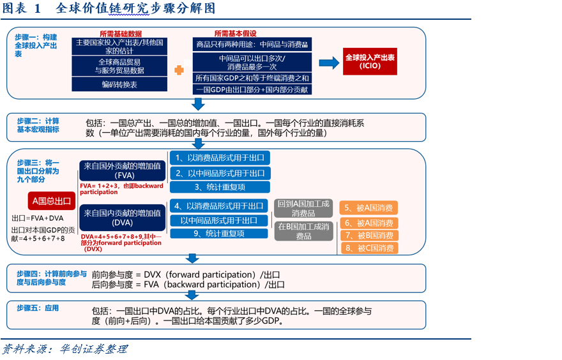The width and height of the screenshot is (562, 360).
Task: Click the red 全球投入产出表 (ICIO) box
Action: pos(369,62)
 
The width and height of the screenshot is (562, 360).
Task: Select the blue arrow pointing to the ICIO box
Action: pos(329,63)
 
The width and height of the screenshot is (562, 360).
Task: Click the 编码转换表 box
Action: pos(119,84)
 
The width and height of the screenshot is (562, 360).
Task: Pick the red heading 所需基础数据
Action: pos(120,33)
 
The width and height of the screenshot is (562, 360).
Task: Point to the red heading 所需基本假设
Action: pos(235,33)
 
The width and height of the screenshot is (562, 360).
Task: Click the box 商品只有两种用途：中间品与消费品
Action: pos(252,45)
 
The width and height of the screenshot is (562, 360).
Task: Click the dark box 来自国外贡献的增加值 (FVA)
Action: pos(121,170)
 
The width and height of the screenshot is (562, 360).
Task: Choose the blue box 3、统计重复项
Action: pos(220,187)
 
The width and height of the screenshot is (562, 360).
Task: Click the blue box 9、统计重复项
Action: pos(219,234)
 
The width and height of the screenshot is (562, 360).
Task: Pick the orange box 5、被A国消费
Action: pos(369,207)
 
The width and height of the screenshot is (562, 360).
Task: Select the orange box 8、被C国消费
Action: pos(369,248)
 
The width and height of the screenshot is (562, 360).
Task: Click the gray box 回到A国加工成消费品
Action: pos(303,208)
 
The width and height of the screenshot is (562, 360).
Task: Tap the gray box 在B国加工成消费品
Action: pos(303,231)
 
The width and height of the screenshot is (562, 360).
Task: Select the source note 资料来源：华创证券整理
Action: pos(65,349)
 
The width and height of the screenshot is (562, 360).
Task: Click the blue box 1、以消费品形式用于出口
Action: pos(220,158)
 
